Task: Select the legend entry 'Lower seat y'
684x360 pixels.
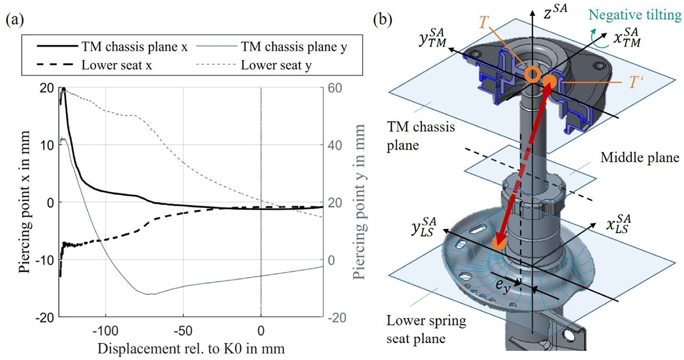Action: (x=254, y=65)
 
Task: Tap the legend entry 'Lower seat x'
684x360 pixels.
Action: (x=94, y=65)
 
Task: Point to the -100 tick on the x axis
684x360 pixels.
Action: (x=105, y=331)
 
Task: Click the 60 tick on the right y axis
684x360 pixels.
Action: (x=335, y=88)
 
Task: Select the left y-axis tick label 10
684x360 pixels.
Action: (x=47, y=145)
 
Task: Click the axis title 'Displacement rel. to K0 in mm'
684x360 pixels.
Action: (x=191, y=349)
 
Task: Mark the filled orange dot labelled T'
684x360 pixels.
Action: (x=549, y=82)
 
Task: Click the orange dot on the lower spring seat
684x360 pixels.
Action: (x=499, y=243)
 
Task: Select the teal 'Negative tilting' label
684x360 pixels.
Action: (x=635, y=15)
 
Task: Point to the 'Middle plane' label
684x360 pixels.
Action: (x=640, y=157)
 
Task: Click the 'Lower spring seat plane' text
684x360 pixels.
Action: (x=426, y=329)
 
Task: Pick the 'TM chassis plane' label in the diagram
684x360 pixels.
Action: (x=421, y=136)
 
